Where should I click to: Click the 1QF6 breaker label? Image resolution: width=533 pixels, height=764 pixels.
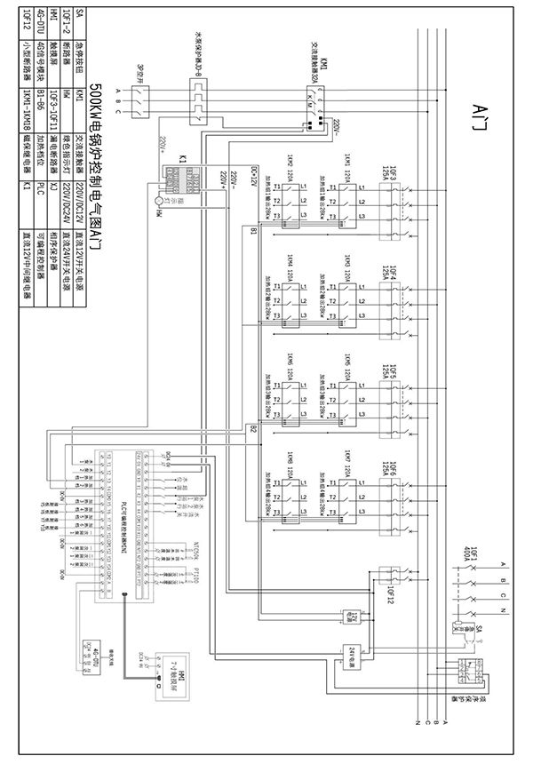point(390,474)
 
